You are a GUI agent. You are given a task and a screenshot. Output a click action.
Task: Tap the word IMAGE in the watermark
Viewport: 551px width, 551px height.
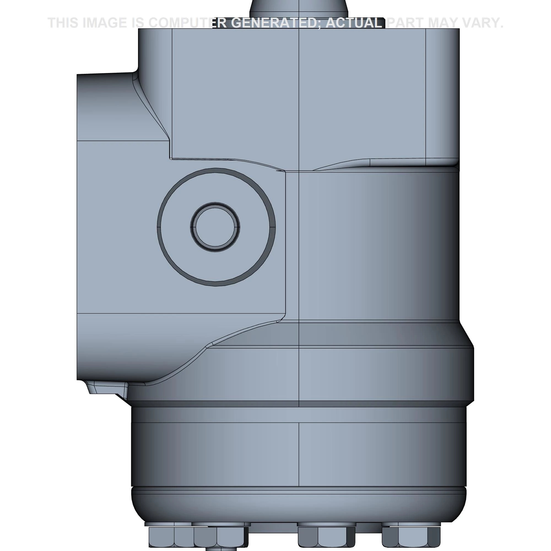(104, 23)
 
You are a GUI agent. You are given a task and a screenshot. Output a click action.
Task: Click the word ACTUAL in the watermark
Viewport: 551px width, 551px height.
(354, 23)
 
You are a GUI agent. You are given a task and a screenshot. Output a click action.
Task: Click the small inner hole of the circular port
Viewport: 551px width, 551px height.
(215, 227)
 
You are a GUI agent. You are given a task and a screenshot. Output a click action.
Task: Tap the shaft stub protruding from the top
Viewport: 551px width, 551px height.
(299, 9)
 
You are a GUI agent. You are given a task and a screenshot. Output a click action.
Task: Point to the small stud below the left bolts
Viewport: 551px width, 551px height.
(221, 549)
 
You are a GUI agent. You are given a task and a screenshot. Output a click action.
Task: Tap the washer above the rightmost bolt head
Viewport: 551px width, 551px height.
(411, 524)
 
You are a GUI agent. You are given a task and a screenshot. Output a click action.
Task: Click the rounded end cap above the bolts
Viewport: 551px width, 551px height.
(299, 505)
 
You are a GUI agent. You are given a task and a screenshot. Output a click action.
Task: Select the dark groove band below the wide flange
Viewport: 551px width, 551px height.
(299, 404)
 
